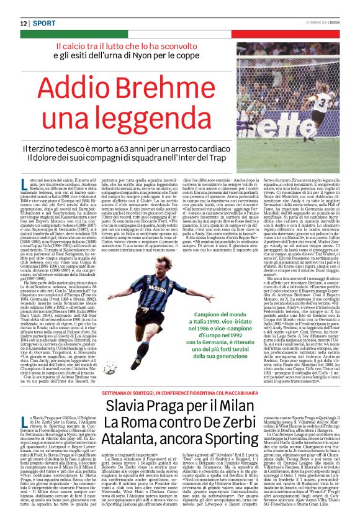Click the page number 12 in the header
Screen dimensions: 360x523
pyautogui.click(x=24, y=23)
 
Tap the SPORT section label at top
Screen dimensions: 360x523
pyautogui.click(x=43, y=23)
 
